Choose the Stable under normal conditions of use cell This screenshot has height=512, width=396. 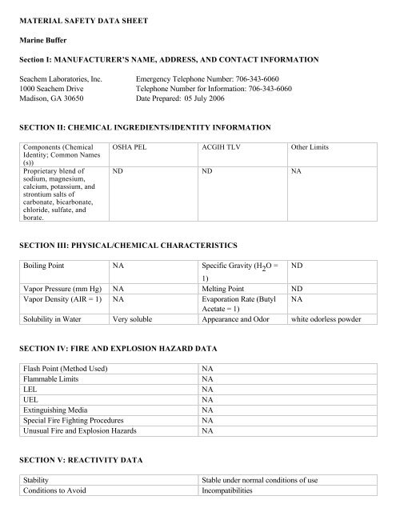point(261,480)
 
